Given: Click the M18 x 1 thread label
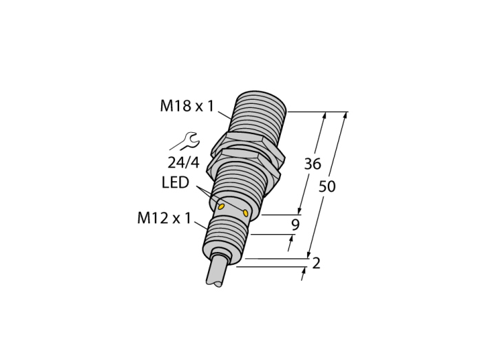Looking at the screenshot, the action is [x=187, y=106].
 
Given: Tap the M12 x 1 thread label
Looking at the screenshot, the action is [x=164, y=218].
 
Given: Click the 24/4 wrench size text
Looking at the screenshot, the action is [x=184, y=162].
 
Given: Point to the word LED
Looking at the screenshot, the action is [x=175, y=182].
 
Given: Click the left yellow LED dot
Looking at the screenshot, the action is [x=221, y=207].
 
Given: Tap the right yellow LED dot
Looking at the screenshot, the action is [x=245, y=213].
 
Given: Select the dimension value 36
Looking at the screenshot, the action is [x=313, y=164].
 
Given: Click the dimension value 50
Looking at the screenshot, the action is [x=327, y=187].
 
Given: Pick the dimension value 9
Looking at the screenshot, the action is [x=295, y=225].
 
